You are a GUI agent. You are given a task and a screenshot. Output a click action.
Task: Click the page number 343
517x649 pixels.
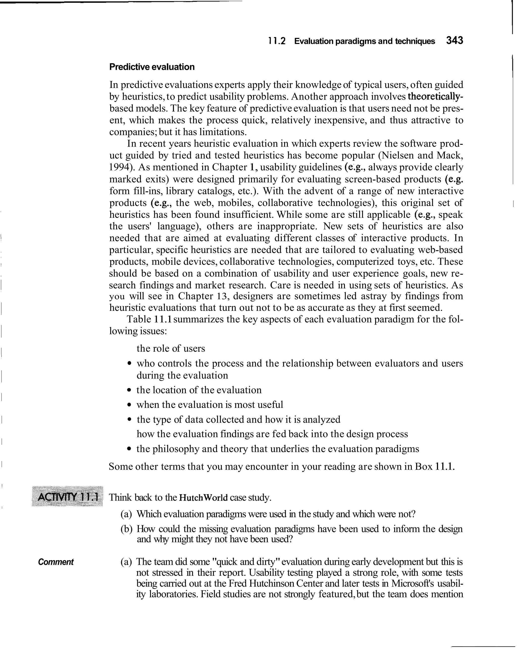pyautogui.click(x=454, y=40)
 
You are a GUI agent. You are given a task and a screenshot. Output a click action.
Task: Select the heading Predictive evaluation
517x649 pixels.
pyautogui.click(x=152, y=67)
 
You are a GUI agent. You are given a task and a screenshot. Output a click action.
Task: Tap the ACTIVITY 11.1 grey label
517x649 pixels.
pyautogui.click(x=68, y=496)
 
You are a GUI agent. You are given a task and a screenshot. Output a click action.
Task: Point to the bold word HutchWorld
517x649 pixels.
pyautogui.click(x=203, y=497)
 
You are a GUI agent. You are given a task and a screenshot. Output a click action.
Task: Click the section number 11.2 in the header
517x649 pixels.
pyautogui.click(x=277, y=41)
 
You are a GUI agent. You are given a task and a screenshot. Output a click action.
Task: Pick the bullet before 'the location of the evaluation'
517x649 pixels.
pyautogui.click(x=129, y=390)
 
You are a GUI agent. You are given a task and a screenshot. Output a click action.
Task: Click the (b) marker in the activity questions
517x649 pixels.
pyautogui.click(x=126, y=529)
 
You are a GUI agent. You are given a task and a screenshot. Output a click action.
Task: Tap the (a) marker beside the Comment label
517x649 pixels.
pyautogui.click(x=126, y=562)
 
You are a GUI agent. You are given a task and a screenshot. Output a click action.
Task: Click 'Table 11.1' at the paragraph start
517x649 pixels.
pyautogui.click(x=149, y=319)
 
